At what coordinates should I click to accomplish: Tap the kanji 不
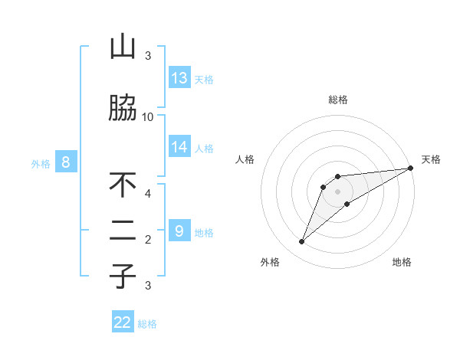pyautogui.click(x=123, y=185)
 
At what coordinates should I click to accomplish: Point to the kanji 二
pyautogui.click(x=123, y=232)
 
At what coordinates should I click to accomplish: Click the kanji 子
pyautogui.click(x=123, y=277)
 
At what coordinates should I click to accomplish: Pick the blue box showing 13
pyautogui.click(x=179, y=77)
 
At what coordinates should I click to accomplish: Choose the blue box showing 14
pyautogui.click(x=179, y=146)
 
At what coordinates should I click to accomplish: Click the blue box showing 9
pyautogui.click(x=179, y=231)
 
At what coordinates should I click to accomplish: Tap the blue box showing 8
pyautogui.click(x=66, y=162)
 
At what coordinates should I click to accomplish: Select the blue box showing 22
pyautogui.click(x=123, y=322)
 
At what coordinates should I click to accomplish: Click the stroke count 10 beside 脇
pyautogui.click(x=148, y=116)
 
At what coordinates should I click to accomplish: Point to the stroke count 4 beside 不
pyautogui.click(x=148, y=193)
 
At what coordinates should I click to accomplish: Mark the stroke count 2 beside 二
pyautogui.click(x=148, y=240)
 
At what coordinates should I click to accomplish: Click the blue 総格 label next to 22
pyautogui.click(x=148, y=324)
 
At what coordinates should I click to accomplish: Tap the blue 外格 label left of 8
pyautogui.click(x=40, y=163)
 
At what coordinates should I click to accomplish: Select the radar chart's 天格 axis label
pyautogui.click(x=431, y=159)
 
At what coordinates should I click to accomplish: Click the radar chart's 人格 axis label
pyautogui.click(x=245, y=159)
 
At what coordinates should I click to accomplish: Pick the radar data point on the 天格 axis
pyautogui.click(x=410, y=168)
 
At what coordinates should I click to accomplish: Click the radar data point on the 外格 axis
pyautogui.click(x=302, y=242)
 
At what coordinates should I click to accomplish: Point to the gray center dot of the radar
pyautogui.click(x=337, y=191)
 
